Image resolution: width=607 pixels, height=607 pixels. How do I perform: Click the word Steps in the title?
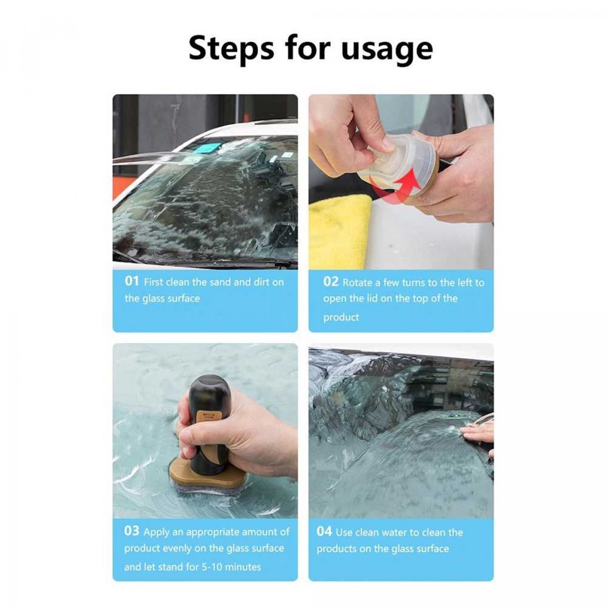click(x=231, y=48)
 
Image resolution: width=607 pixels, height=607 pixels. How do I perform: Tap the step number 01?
click(x=132, y=282)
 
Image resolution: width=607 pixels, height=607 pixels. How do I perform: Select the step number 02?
click(x=330, y=282)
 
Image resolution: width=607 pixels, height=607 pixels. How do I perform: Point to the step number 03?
click(x=132, y=531)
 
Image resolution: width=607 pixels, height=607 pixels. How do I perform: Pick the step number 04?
click(x=324, y=531)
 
